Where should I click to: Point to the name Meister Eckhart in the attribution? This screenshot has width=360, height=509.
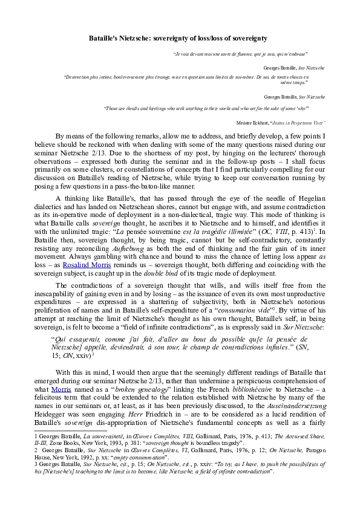[x=256, y=122]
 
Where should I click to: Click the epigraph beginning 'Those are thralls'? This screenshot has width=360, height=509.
[x=206, y=108]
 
